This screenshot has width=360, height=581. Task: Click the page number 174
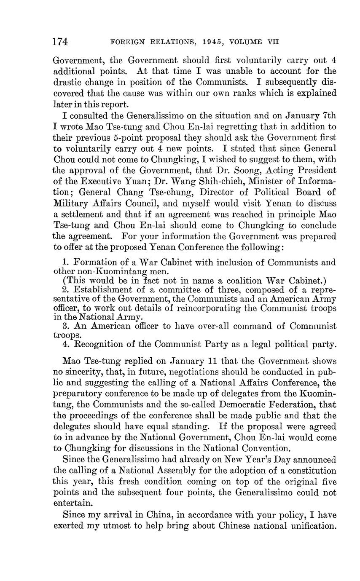[x=60, y=42]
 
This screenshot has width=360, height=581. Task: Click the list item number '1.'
[x=65, y=262]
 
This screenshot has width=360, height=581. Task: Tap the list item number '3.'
[x=65, y=326]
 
